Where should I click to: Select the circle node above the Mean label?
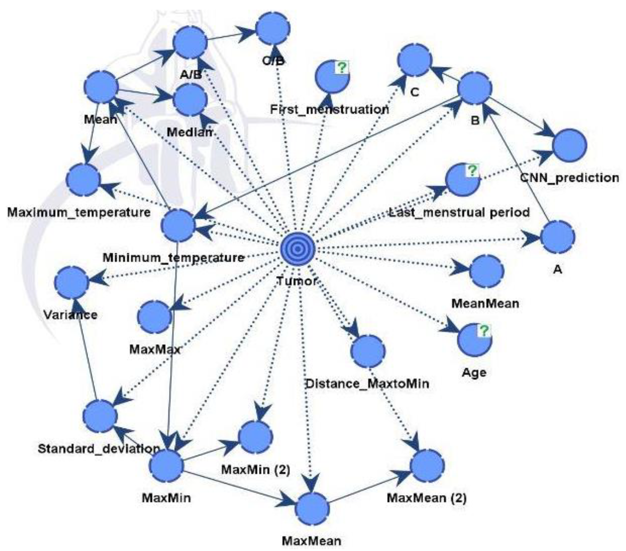[101, 87]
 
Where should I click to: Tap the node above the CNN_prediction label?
[569, 145]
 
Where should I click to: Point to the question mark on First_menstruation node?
[342, 67]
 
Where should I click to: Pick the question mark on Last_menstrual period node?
[472, 170]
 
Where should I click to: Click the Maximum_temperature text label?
[79, 212]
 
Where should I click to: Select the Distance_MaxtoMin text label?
[367, 384]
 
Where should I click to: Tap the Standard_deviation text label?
[99, 448]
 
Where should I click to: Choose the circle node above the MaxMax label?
[154, 317]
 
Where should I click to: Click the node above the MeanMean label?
[486, 271]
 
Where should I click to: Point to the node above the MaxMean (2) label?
[427, 466]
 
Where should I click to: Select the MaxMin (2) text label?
[256, 469]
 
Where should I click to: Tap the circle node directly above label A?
[557, 237]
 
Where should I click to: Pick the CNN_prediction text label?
[569, 177]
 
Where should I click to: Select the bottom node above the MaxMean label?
[312, 508]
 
